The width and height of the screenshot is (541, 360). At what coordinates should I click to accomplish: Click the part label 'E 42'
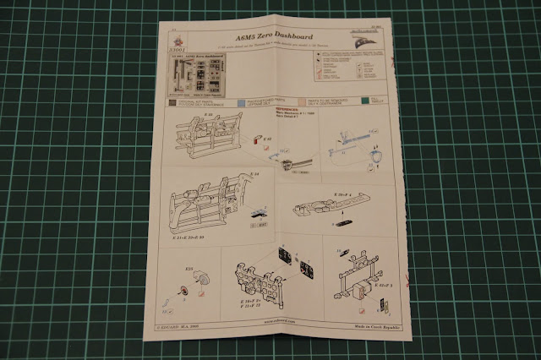[267, 138]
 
